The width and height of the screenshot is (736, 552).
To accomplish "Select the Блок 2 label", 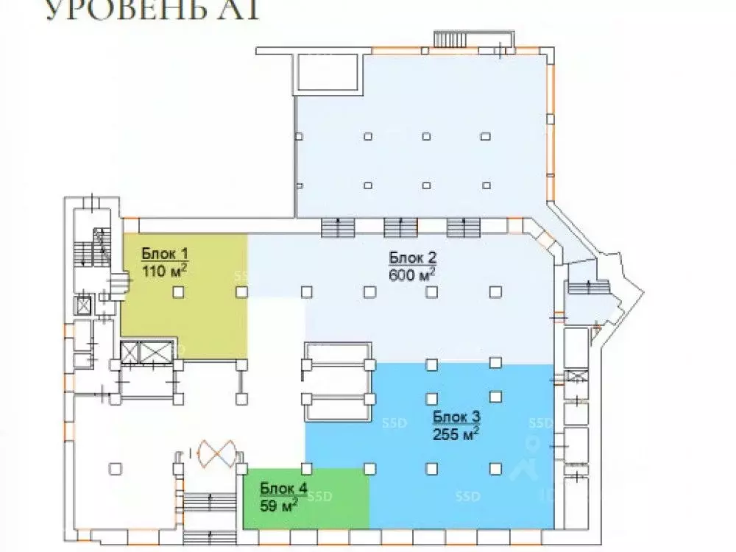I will tap(413, 258).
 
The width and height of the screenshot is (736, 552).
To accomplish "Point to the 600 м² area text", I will tap(412, 274).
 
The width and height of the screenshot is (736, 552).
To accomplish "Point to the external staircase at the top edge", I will tap(455, 39).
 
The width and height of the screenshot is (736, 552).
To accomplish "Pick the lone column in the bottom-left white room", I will tap(114, 467).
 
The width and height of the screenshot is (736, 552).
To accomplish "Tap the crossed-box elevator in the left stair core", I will tap(84, 305).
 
